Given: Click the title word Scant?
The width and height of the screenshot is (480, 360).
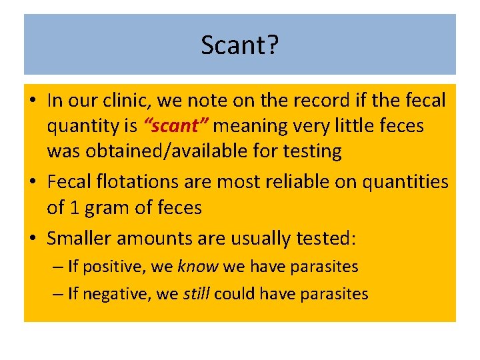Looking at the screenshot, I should pos(240,45).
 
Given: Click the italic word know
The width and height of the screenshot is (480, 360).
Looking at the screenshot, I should pos(197,267).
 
